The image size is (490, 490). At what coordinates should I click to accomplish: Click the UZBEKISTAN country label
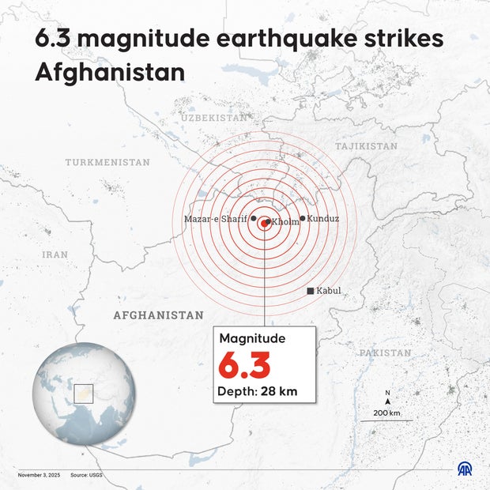point(213,117)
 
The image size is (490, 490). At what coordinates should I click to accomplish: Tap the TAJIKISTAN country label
point(366,146)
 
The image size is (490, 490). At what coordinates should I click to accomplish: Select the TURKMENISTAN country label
point(107,162)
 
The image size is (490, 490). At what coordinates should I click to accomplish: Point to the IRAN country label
point(55,254)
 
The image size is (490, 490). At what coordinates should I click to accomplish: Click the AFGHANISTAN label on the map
point(158,315)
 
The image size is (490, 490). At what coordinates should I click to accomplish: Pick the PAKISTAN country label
point(385,352)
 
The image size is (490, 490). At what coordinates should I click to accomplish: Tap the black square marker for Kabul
point(311,291)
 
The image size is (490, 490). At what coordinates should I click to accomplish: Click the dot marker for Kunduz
point(303,218)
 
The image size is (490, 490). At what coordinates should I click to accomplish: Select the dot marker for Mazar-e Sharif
point(253,219)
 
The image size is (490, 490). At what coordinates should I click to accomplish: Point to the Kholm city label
point(285,222)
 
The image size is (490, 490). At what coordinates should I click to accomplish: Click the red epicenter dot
point(264,224)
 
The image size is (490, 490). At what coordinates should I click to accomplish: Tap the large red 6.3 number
point(244,366)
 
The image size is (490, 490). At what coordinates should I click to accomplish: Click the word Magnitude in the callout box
point(252,338)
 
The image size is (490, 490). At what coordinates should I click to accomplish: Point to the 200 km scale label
point(387,413)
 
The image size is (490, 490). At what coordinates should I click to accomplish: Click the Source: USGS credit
point(86,475)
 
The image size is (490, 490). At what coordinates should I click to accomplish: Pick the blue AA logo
point(465,469)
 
